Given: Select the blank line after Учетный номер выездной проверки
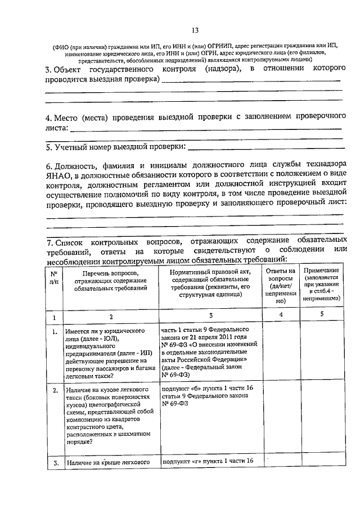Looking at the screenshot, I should coord(264,148).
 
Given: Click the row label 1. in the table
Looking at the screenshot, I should coord(55,331).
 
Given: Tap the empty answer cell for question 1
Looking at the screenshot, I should coord(280,353).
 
